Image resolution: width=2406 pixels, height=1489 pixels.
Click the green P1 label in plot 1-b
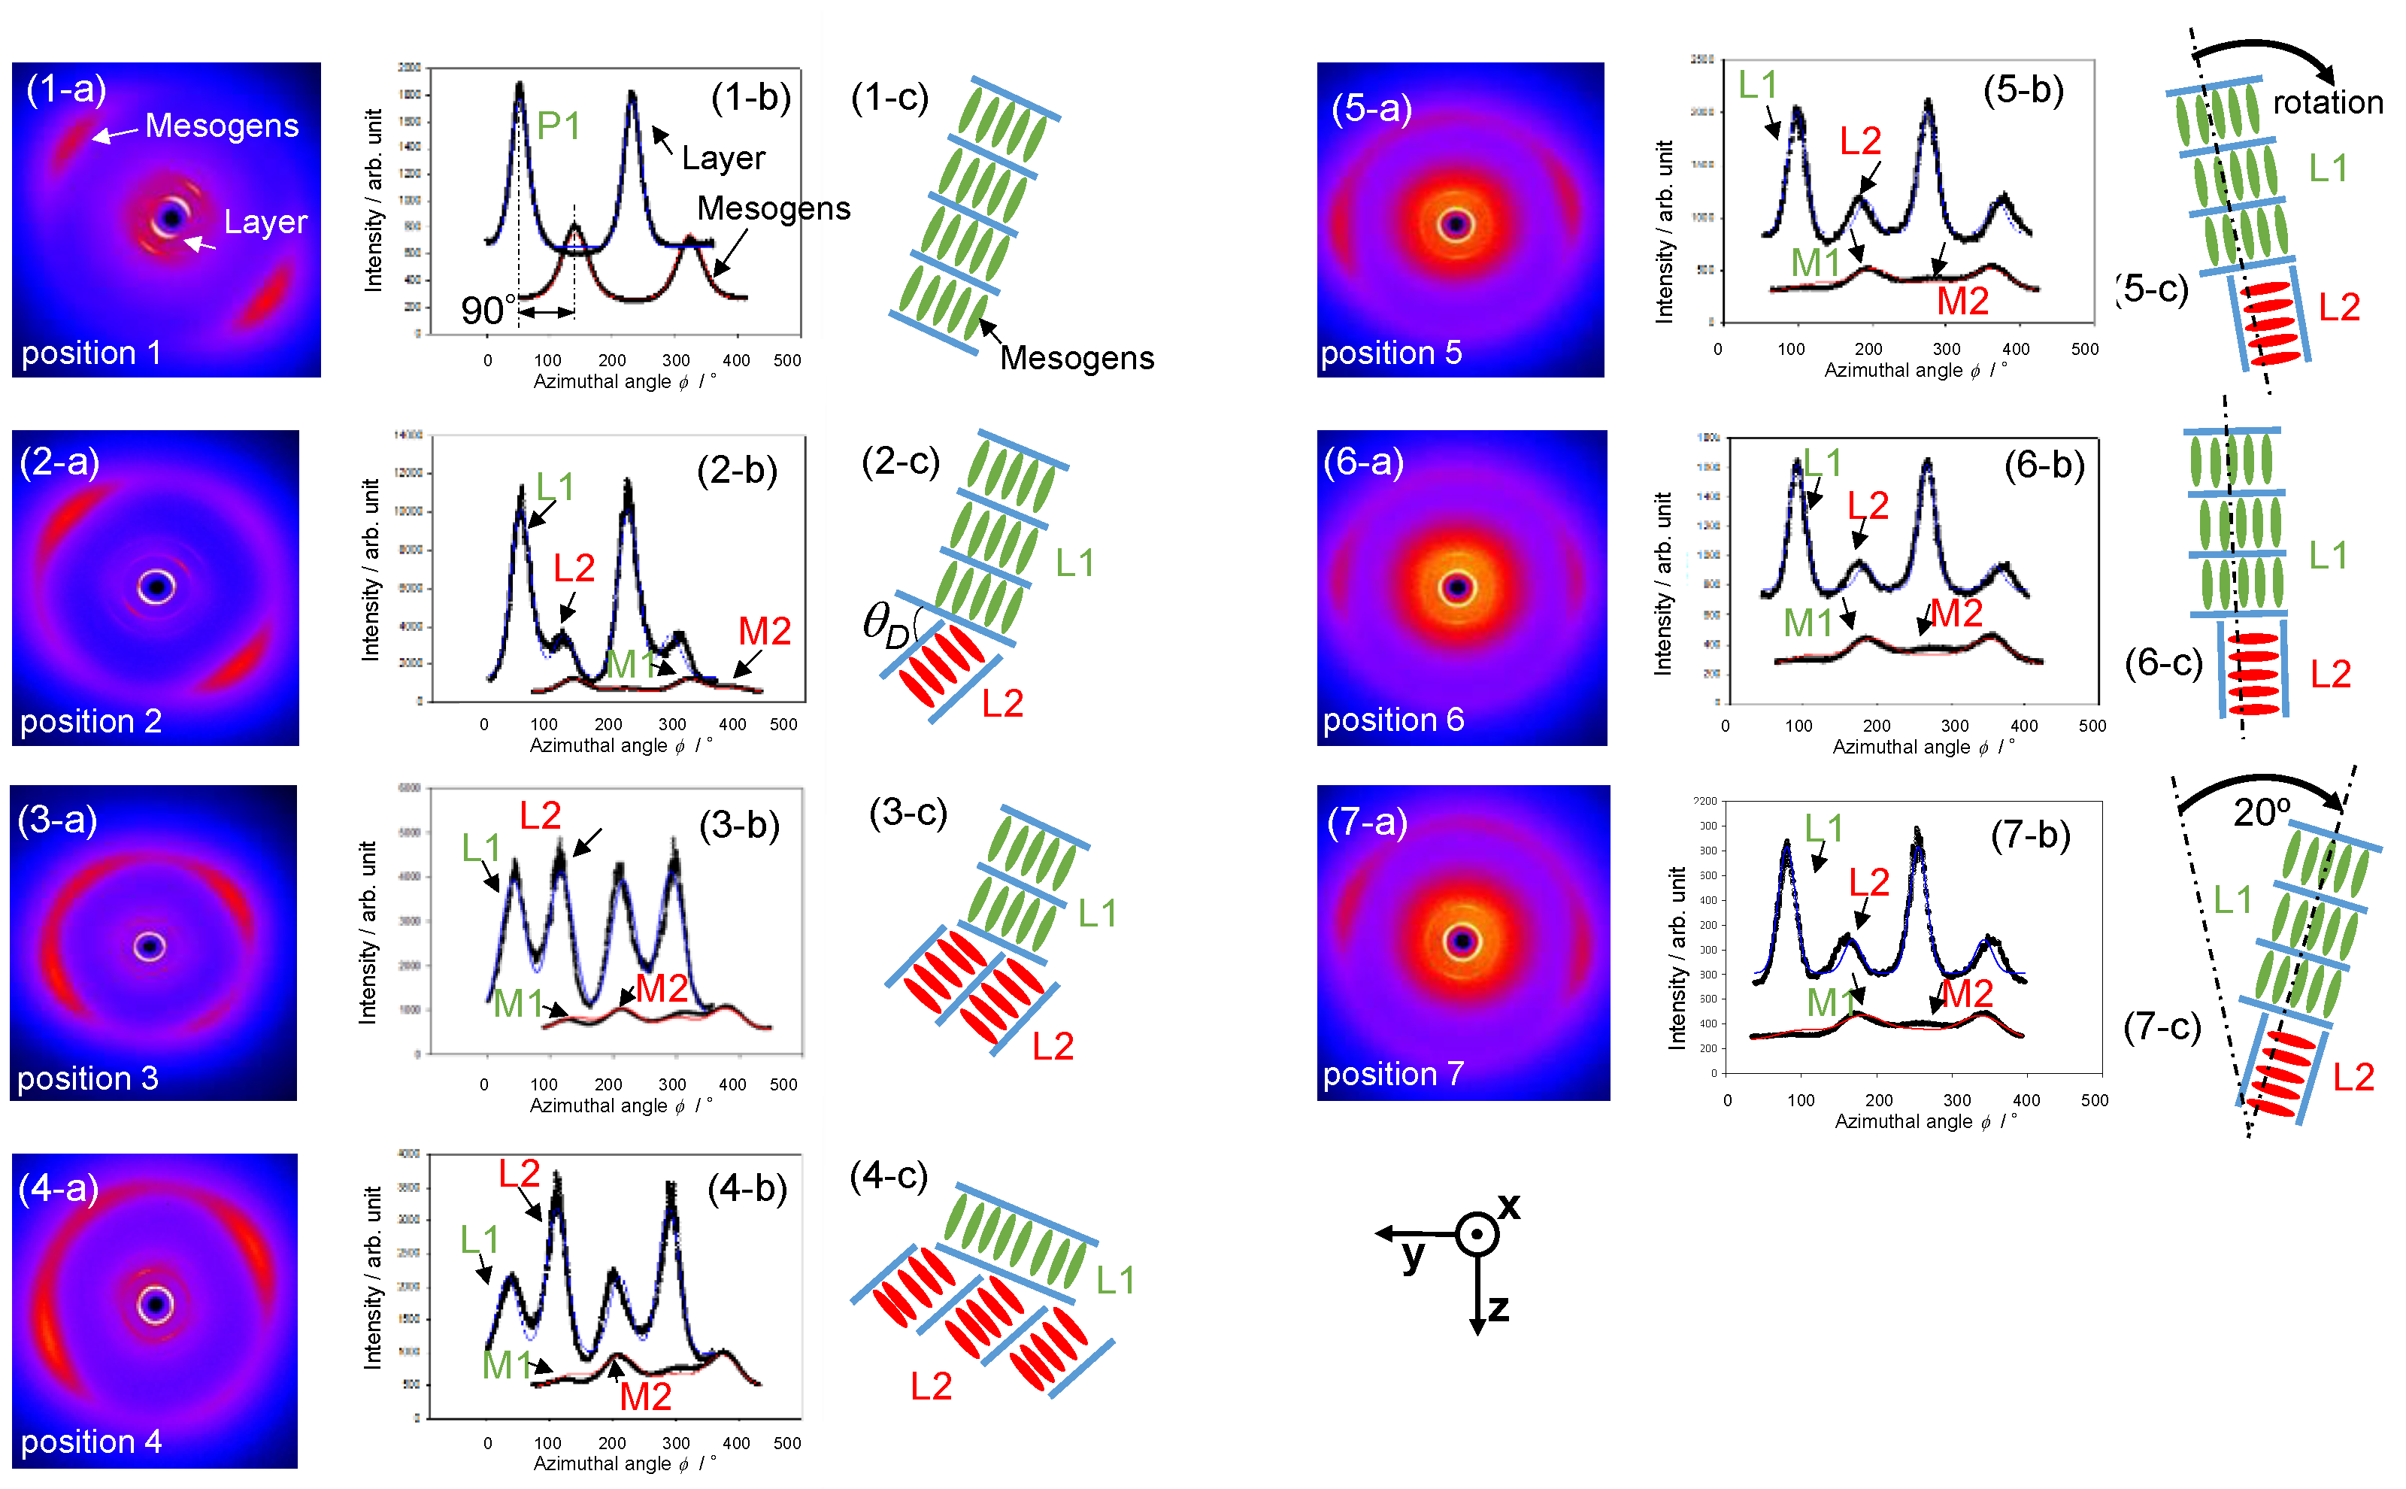558,126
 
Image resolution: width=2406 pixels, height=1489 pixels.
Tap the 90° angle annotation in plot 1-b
488,311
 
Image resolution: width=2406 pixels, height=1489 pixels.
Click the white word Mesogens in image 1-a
222,126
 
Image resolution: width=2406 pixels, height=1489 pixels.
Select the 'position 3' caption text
88,1078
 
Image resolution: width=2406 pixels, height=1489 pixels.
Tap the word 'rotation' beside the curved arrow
2326,102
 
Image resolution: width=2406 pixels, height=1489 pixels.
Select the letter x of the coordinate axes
1508,1205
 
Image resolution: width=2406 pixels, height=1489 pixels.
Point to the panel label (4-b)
747,1189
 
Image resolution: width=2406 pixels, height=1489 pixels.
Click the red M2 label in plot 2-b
764,631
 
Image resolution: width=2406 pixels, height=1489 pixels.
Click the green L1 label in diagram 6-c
2329,556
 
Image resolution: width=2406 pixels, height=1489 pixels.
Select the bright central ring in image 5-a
1455,225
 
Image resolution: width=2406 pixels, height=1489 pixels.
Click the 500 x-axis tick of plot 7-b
2094,1101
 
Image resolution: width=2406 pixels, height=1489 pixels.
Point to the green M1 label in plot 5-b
1815,263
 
